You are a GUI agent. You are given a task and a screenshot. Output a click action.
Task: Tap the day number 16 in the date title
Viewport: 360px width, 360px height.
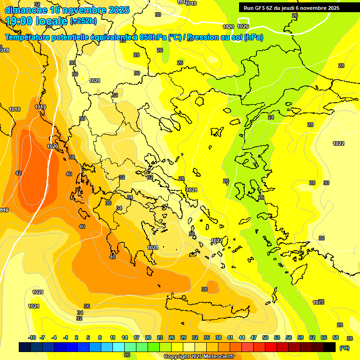pyautogui.click(x=57, y=10)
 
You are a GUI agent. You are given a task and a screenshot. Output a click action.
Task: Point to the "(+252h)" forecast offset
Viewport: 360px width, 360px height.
pyautogui.click(x=83, y=21)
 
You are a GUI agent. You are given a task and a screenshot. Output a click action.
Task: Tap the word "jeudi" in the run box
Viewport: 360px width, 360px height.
pyautogui.click(x=292, y=8)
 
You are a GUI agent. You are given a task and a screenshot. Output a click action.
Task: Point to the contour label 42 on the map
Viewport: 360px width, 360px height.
pyautogui.click(x=18, y=173)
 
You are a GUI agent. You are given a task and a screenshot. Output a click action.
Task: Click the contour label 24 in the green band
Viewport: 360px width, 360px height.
pyautogui.click(x=270, y=117)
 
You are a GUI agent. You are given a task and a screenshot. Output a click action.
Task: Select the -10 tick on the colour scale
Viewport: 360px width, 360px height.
pyautogui.click(x=32, y=337)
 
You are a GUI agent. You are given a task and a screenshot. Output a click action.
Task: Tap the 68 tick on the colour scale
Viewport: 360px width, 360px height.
pyautogui.click(x=336, y=337)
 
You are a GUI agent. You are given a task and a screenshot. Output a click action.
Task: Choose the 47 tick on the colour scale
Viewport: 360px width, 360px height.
pyautogui.click(x=254, y=337)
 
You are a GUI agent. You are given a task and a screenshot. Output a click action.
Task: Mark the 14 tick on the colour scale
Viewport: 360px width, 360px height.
pyautogui.click(x=125, y=337)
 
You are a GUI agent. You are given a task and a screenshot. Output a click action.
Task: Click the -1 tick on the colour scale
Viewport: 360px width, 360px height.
pyautogui.click(x=66, y=337)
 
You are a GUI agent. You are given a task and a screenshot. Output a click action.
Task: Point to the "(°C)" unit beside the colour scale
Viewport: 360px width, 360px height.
pyautogui.click(x=345, y=347)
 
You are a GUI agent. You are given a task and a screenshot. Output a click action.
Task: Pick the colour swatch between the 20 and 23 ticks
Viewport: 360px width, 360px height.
pyautogui.click(x=154, y=347)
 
